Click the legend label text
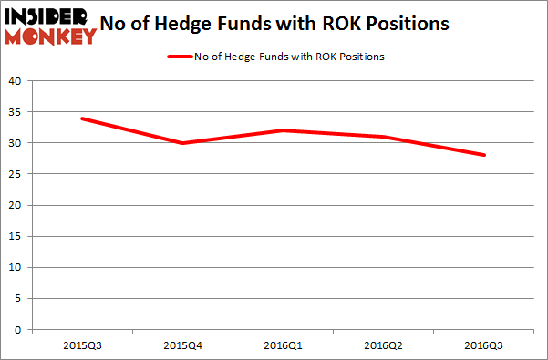[x=288, y=57]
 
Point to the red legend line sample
[x=179, y=57]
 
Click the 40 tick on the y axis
[x=16, y=81]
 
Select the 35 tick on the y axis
[x=16, y=112]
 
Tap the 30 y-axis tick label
[x=16, y=143]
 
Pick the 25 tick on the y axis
[x=16, y=174]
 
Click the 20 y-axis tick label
[x=16, y=205]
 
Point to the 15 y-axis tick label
[x=16, y=236]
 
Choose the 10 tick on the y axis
[x=16, y=267]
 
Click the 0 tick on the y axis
[x=18, y=329]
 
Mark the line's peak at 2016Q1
[x=283, y=130]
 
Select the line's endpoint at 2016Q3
[x=484, y=155]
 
